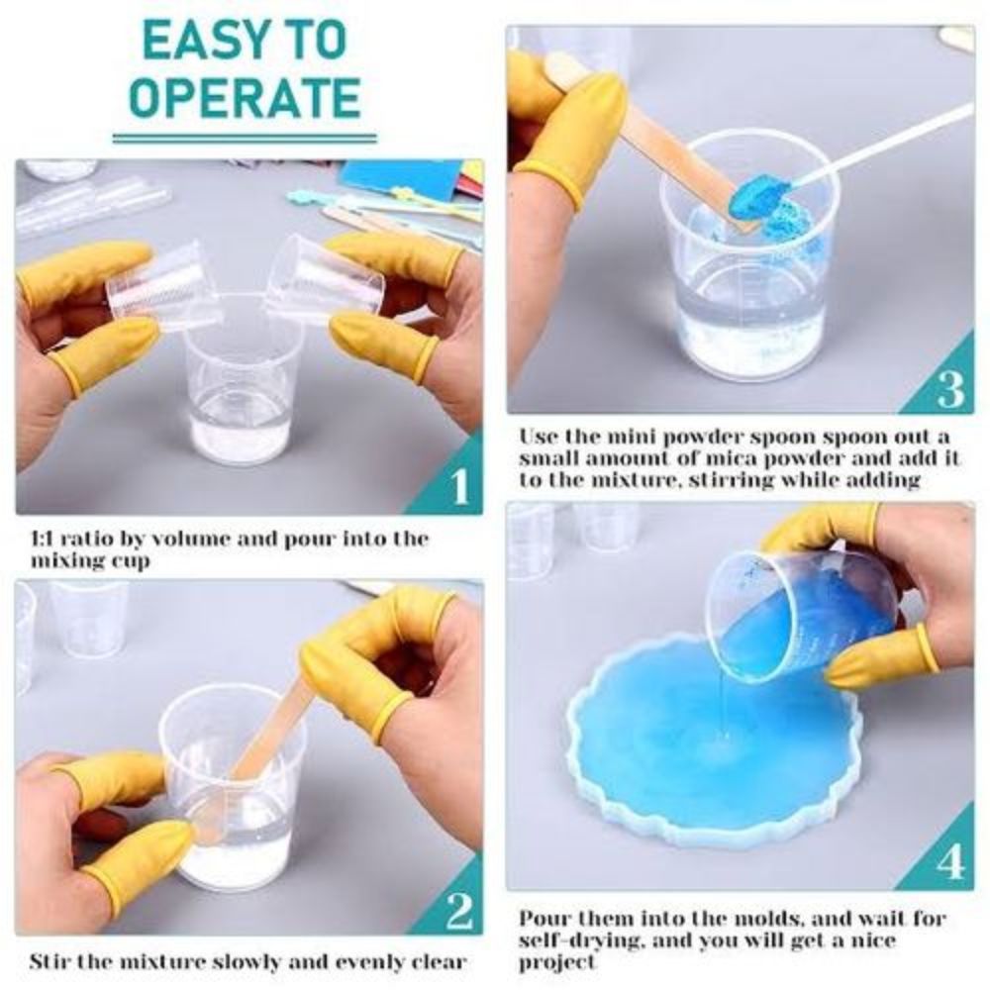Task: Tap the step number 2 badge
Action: pos(458,909)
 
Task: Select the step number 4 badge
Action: pos(949,863)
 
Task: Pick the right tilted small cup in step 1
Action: pos(322,281)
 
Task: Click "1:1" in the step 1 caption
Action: pos(48,539)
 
